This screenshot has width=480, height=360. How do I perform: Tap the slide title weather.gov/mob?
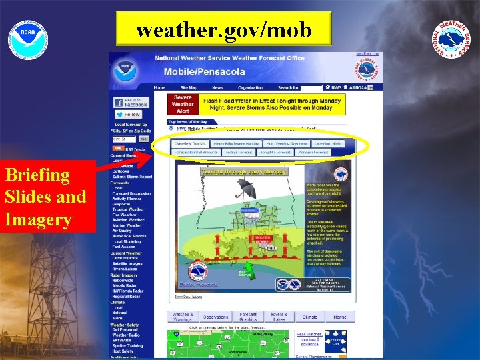[x=224, y=31]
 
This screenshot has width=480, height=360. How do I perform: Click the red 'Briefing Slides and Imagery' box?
[x=45, y=197]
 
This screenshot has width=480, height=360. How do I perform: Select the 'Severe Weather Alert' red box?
[x=183, y=104]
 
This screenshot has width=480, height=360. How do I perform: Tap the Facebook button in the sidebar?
[x=131, y=102]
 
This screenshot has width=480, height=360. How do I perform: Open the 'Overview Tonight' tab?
[x=191, y=143]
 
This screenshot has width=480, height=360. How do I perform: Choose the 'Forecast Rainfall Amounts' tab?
[x=197, y=152]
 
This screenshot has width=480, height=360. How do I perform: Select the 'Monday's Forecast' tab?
[x=313, y=152]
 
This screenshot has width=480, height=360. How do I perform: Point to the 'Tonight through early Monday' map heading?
[x=244, y=171]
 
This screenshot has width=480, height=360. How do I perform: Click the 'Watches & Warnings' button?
[x=183, y=317]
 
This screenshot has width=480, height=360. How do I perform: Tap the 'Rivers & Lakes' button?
[x=279, y=317]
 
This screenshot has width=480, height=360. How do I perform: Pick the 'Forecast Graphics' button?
[x=248, y=317]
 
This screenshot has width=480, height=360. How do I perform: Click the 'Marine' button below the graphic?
[x=340, y=317]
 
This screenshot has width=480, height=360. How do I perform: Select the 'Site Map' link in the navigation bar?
[x=189, y=87]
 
